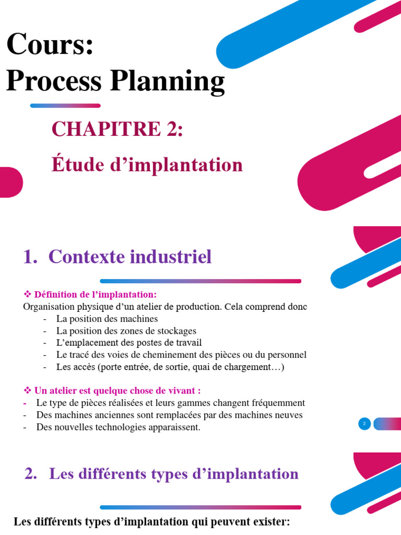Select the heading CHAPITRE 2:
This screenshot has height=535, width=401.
click(x=117, y=129)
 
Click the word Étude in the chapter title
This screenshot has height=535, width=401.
click(x=78, y=165)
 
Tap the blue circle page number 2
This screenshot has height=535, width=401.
click(x=364, y=424)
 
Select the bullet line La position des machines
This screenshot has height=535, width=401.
click(x=107, y=319)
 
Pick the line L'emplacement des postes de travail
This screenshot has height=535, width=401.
click(x=128, y=343)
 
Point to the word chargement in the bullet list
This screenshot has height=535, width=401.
click(x=245, y=367)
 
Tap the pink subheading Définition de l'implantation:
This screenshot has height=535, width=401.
click(x=95, y=294)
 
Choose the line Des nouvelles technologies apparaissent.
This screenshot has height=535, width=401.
click(x=118, y=427)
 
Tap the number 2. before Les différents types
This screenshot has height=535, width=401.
click(x=31, y=474)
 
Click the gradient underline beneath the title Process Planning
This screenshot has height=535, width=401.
click(x=65, y=106)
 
